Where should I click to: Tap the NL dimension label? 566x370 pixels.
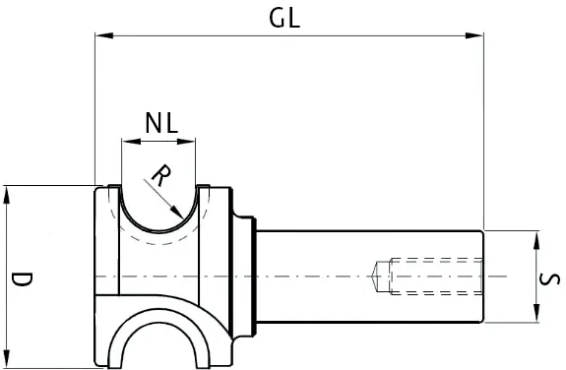(160, 123)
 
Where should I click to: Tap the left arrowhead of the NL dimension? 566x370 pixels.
(126, 142)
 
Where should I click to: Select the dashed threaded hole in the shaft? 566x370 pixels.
(433, 277)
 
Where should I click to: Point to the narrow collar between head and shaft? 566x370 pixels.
(254, 277)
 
